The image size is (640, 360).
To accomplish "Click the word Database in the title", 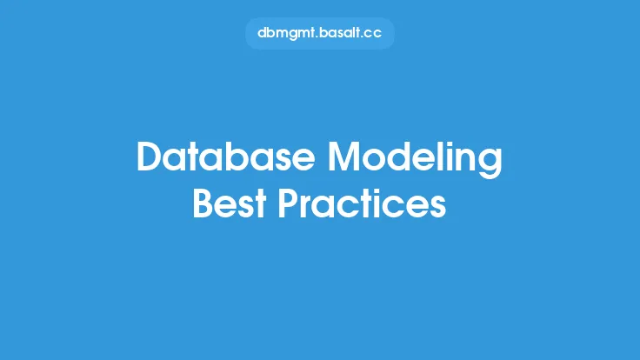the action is pos(226,157).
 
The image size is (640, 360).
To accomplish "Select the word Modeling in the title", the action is pos(415,159).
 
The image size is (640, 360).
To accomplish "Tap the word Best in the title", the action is pos(230,203).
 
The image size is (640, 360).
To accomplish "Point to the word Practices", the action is pos(362,203).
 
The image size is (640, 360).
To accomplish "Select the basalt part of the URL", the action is pos(338,33).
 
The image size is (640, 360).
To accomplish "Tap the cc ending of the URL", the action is pos(372,34).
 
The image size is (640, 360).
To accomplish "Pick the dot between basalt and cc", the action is pos(359,37).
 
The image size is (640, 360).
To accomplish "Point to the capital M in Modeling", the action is pos(345,157).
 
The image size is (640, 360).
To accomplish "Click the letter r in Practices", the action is pos(310,207).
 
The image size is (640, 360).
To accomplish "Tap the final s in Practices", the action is pos(436,207).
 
